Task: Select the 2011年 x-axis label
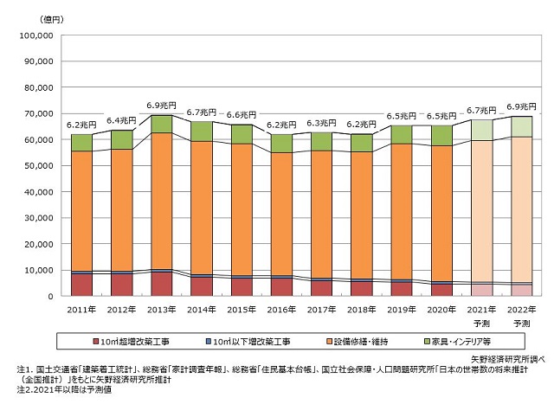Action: [x=81, y=309]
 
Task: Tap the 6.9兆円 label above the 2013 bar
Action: [x=161, y=105]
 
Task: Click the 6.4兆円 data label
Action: [x=121, y=120]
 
